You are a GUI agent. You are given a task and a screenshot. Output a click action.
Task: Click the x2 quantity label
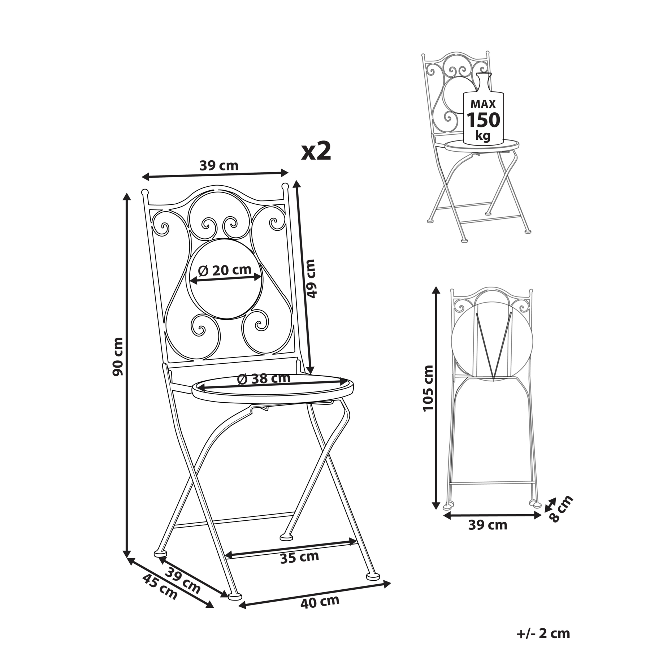316,152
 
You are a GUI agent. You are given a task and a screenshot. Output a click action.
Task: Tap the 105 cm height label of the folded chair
428,388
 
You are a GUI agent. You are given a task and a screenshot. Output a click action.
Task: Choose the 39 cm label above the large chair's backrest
219,165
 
